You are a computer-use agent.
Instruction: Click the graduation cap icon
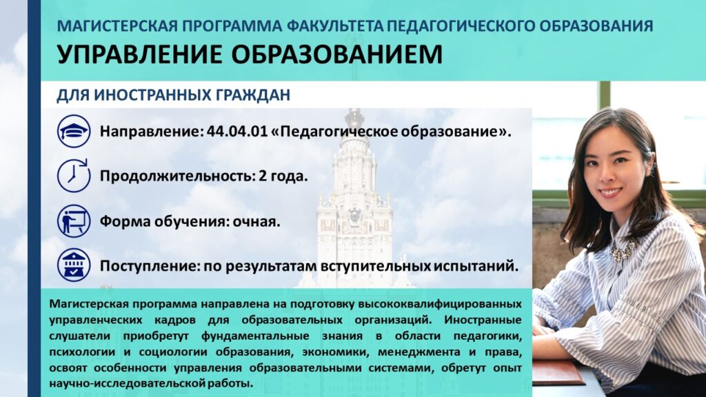(74, 131)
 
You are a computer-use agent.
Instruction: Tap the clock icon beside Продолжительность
(74, 176)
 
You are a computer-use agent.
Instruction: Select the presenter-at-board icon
(74, 221)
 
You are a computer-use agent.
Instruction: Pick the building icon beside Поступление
(74, 265)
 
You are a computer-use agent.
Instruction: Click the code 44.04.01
(237, 131)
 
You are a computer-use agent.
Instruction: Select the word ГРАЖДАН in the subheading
(253, 95)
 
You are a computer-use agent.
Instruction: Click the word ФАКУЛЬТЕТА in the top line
(335, 26)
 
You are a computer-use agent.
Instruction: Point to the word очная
(256, 221)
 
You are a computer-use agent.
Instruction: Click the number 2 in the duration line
(263, 176)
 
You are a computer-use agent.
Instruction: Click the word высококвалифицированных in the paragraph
(439, 304)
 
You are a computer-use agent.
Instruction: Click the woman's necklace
(623, 250)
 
